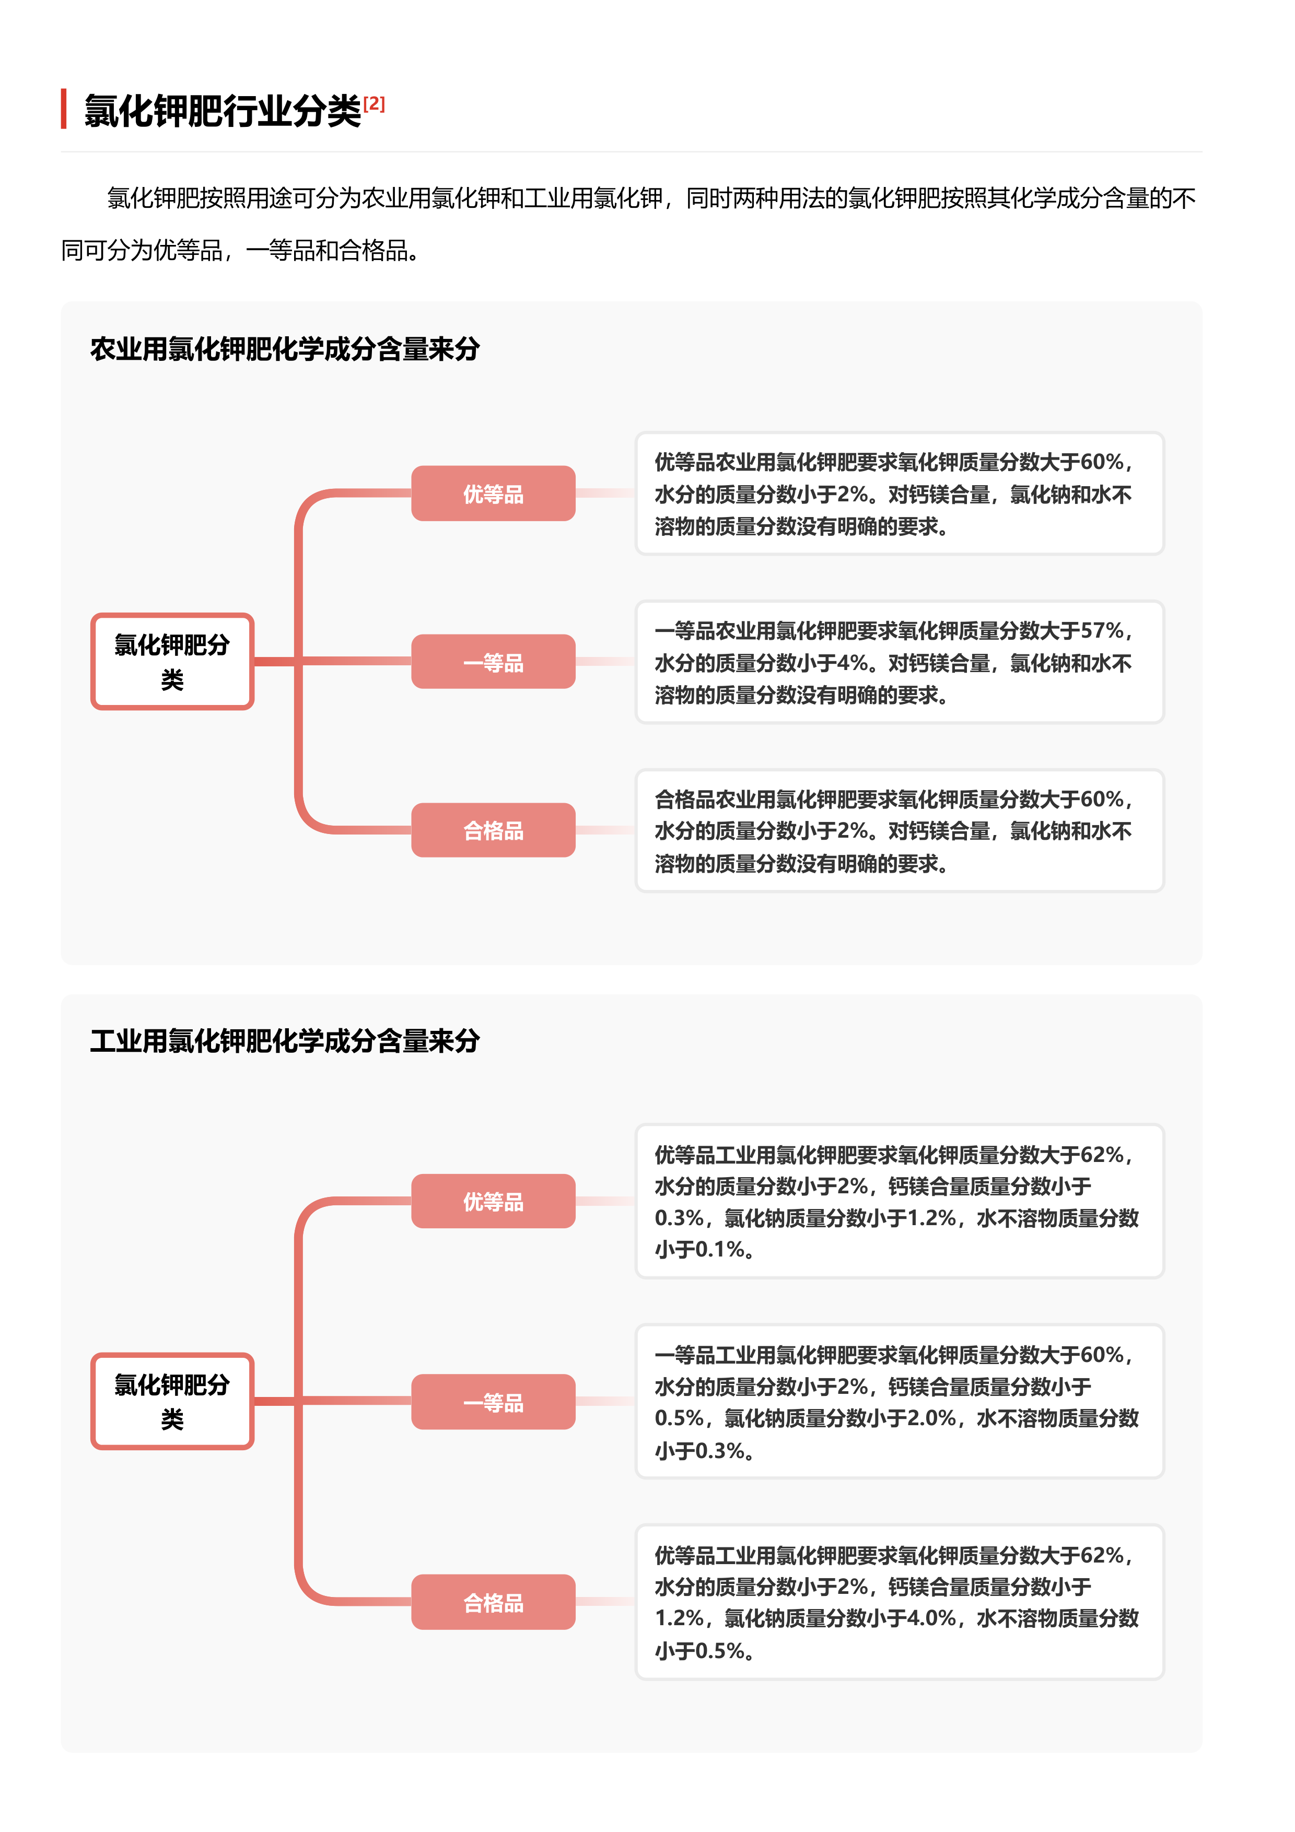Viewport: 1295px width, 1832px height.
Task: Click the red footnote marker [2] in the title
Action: [374, 104]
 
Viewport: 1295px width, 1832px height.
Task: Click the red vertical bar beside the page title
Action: [64, 109]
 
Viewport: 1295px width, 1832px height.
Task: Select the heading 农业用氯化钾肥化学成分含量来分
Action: [284, 349]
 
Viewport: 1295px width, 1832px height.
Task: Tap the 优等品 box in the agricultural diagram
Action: [493, 494]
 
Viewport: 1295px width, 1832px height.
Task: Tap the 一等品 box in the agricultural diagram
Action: [493, 662]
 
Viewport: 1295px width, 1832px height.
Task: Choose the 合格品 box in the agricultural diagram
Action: [493, 831]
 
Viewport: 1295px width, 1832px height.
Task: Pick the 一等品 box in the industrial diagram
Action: [493, 1402]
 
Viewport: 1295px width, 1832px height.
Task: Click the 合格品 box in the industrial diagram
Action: [493, 1602]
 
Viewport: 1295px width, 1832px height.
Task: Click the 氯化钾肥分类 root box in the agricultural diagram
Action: [172, 662]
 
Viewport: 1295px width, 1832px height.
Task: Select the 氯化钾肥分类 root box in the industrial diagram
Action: [172, 1401]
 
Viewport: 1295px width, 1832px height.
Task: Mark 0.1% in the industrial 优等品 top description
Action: [720, 1250]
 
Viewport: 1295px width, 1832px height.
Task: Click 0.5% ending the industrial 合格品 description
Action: [720, 1651]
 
